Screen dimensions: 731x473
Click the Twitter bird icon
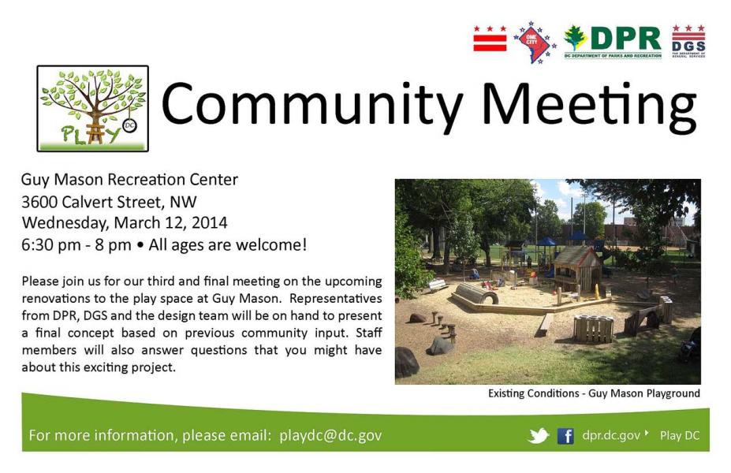click(539, 436)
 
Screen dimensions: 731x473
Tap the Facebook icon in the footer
click(565, 436)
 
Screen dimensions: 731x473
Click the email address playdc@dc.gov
click(330, 435)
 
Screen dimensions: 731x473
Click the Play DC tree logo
click(93, 109)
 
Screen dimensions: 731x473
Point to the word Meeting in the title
click(589, 104)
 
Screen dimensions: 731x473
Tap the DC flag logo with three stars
click(490, 38)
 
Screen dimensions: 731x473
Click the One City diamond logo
click(535, 42)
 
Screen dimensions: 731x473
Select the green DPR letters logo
click(612, 42)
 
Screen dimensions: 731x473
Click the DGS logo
click(688, 41)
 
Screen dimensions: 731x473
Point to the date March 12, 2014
click(170, 223)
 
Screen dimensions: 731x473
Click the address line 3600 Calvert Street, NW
click(109, 202)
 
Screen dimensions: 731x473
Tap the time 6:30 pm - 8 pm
click(76, 244)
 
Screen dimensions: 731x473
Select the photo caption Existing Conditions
click(533, 393)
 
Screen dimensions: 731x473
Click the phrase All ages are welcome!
click(228, 244)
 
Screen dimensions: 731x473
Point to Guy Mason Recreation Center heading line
click(129, 180)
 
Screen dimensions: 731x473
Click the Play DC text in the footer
click(680, 435)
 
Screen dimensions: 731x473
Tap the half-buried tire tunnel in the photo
click(476, 293)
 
